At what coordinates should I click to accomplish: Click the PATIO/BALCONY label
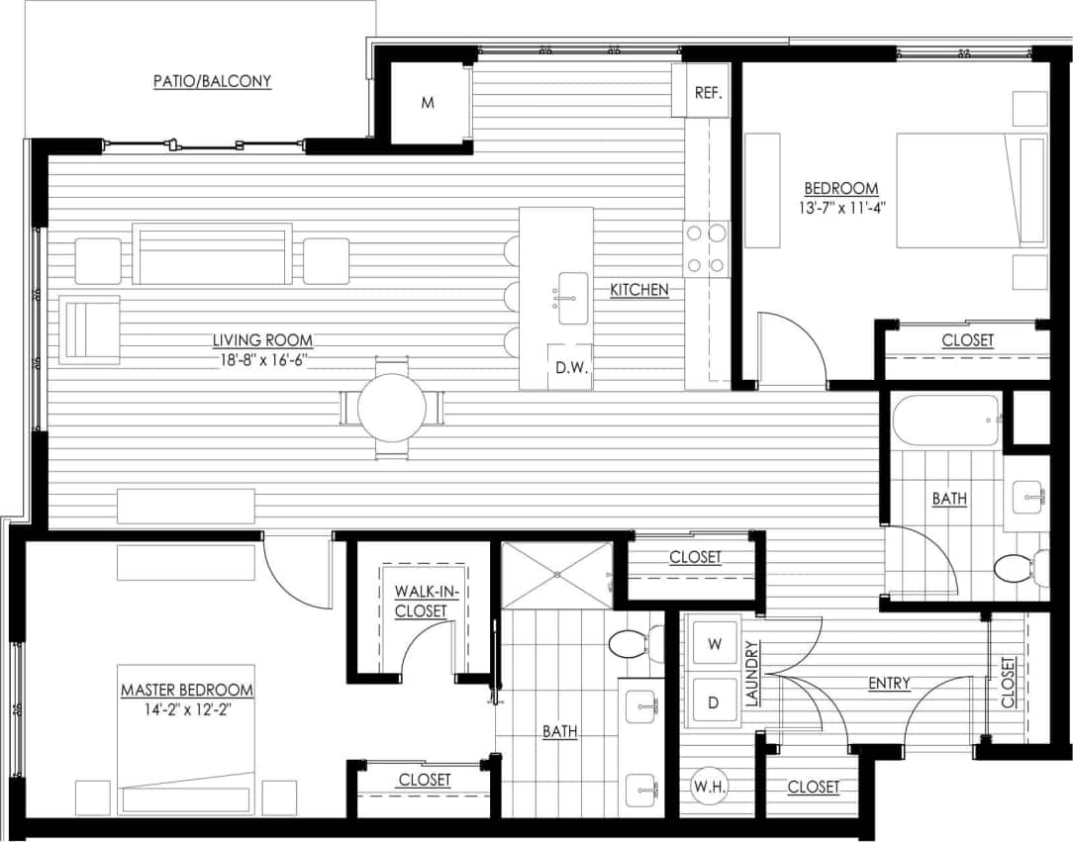(x=212, y=81)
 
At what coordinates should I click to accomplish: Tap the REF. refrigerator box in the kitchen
(x=707, y=92)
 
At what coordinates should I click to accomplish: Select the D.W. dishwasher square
(x=570, y=367)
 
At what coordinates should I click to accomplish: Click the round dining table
(x=392, y=407)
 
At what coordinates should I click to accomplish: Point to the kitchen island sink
(x=572, y=298)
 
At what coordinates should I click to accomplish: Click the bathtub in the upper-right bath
(x=946, y=422)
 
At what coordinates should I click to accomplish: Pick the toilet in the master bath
(x=630, y=645)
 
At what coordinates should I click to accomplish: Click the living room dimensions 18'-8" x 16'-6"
(x=261, y=361)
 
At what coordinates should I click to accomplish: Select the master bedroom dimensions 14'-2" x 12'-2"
(x=186, y=708)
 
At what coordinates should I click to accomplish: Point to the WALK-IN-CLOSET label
(x=421, y=601)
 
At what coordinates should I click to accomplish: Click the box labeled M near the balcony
(x=428, y=103)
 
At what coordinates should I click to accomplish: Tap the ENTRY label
(x=889, y=684)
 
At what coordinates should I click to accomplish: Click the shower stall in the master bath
(x=556, y=574)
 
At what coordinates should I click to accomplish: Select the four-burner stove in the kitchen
(x=706, y=248)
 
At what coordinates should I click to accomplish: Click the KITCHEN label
(x=638, y=290)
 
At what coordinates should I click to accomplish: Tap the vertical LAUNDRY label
(x=751, y=675)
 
